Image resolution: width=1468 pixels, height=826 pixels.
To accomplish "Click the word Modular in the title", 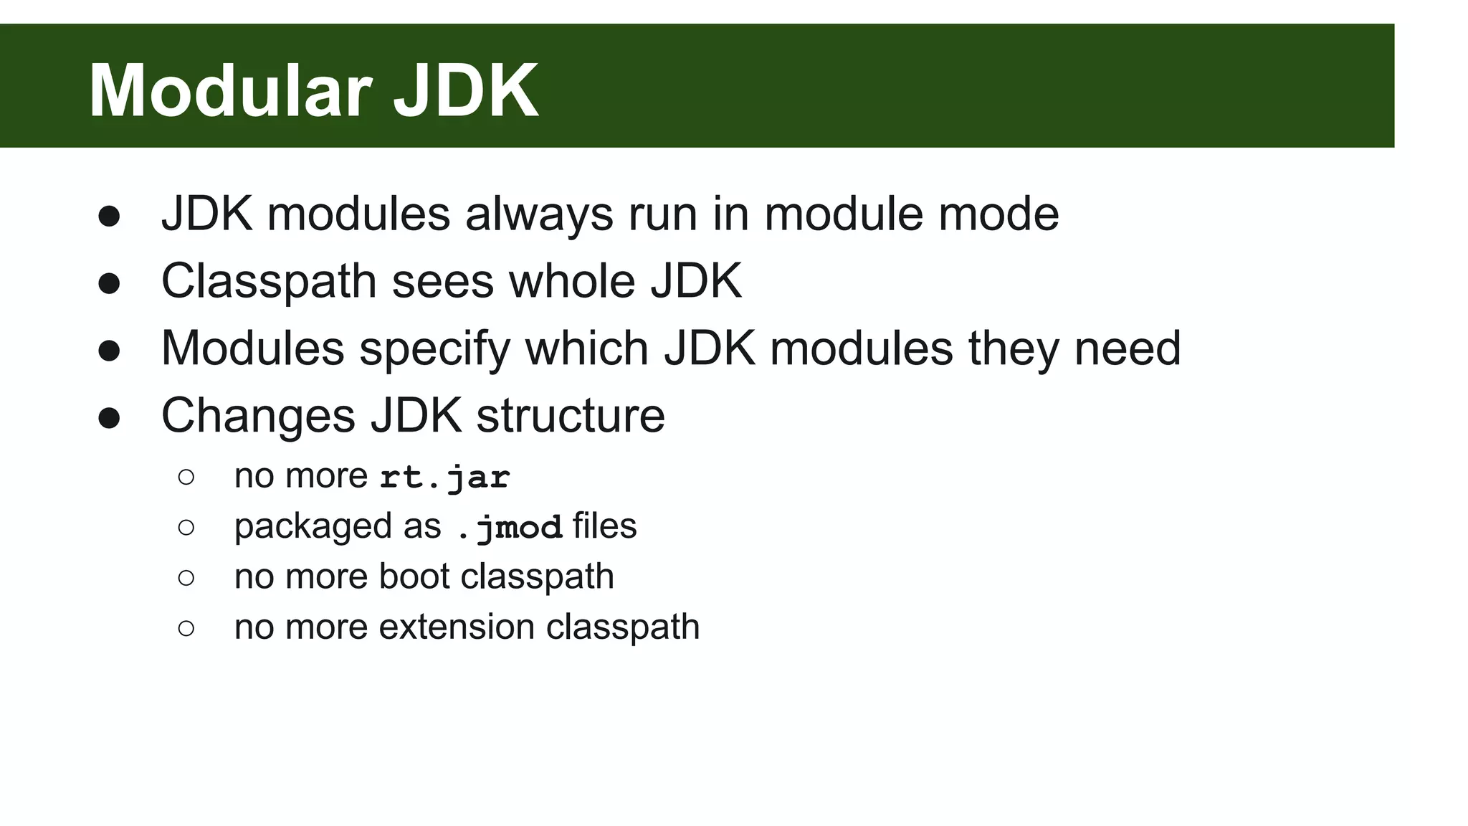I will [x=229, y=91].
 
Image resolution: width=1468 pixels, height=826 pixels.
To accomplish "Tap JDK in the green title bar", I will [x=466, y=91].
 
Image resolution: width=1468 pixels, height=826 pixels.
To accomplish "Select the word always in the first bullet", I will [x=539, y=214].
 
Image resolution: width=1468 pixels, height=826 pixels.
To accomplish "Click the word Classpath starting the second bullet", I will [x=269, y=281].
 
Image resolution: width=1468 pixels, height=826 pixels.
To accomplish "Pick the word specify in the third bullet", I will [x=434, y=349].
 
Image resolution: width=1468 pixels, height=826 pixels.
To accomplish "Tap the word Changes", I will [x=258, y=416].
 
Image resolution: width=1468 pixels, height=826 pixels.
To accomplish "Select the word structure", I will [x=571, y=416].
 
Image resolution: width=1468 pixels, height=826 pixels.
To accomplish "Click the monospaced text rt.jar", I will [x=444, y=478].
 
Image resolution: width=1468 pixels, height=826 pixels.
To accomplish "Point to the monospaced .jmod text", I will [x=510, y=528].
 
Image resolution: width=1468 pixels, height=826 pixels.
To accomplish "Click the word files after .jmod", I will [x=604, y=526].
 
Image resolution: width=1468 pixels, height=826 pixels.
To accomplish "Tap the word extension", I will [x=457, y=627].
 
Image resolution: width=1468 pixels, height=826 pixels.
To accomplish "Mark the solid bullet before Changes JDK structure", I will [x=109, y=418].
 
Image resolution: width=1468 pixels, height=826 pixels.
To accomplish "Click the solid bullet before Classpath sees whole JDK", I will [x=109, y=283].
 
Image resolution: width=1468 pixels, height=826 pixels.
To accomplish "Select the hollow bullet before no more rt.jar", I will [x=186, y=478].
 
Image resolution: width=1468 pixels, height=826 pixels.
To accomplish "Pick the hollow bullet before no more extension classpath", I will [x=186, y=629].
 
